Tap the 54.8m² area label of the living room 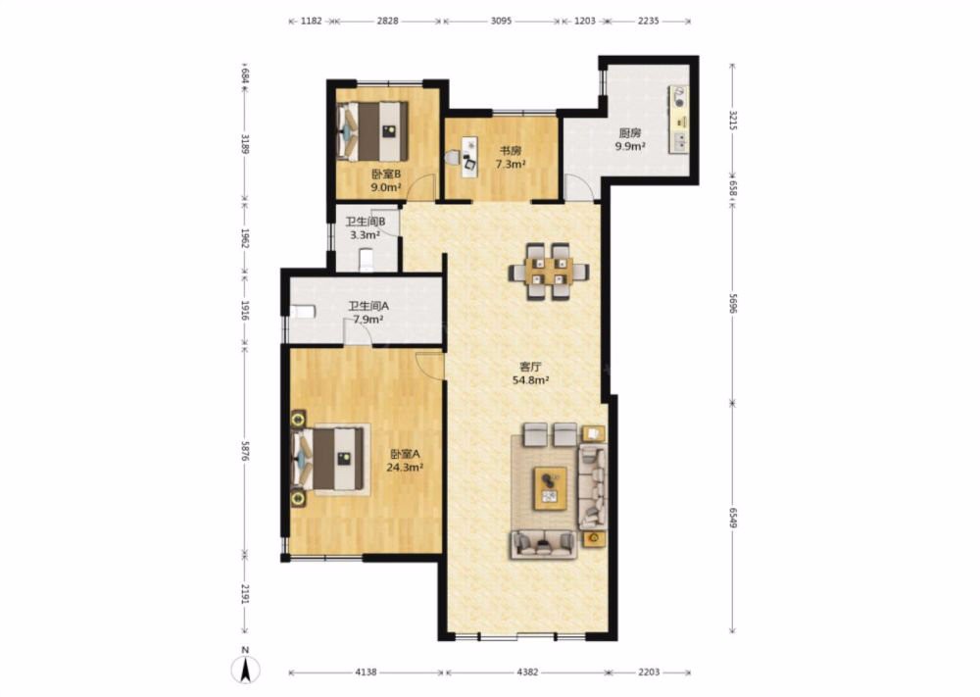pyautogui.click(x=530, y=379)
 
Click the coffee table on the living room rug pyautogui.click(x=550, y=487)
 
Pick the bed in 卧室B pyautogui.click(x=373, y=131)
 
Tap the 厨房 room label pyautogui.click(x=630, y=132)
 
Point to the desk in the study pyautogui.click(x=466, y=154)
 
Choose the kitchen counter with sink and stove pyautogui.click(x=679, y=120)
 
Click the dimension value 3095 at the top pyautogui.click(x=501, y=21)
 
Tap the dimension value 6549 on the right pyautogui.click(x=733, y=517)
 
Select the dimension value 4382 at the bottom pyautogui.click(x=527, y=672)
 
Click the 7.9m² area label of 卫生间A pyautogui.click(x=368, y=320)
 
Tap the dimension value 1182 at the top pyautogui.click(x=312, y=21)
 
